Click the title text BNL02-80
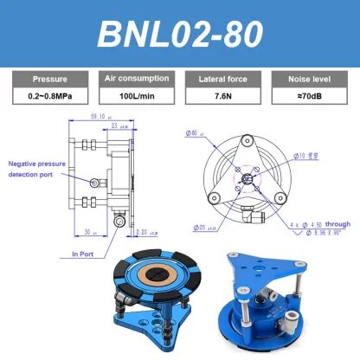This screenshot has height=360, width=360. coord(179,33)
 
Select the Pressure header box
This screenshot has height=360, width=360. coord(48,78)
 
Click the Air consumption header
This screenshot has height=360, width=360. coord(135,78)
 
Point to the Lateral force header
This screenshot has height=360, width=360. coord(223,78)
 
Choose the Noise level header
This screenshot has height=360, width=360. coord(311,78)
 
